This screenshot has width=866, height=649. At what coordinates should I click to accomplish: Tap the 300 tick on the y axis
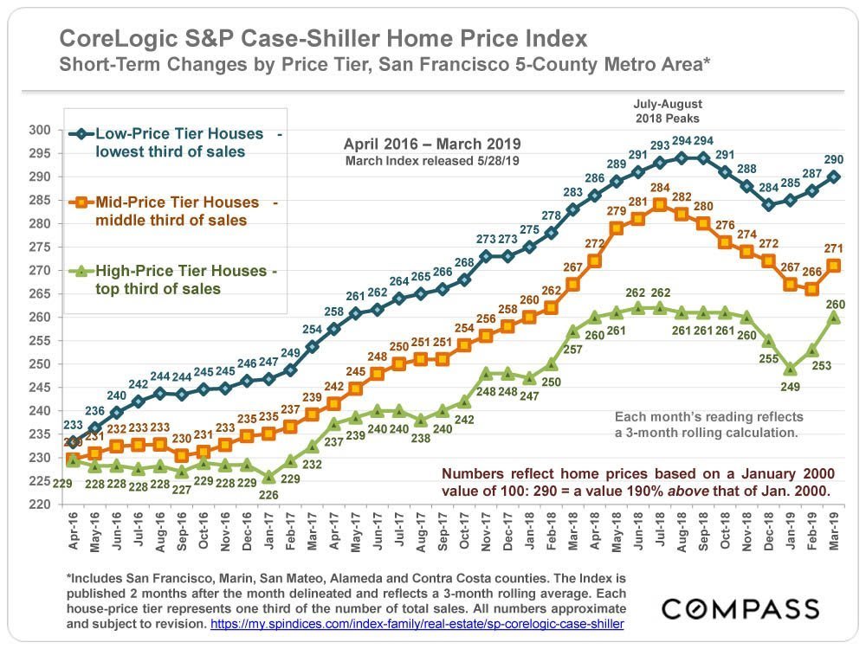pyautogui.click(x=38, y=130)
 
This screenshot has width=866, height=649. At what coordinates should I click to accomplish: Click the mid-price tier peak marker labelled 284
pyautogui.click(x=659, y=204)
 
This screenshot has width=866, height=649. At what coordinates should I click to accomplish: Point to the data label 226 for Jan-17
pyautogui.click(x=269, y=495)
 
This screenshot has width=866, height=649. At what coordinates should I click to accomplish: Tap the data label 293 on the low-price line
pyautogui.click(x=660, y=145)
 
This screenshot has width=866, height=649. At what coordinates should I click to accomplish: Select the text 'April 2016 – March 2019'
pyautogui.click(x=432, y=144)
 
